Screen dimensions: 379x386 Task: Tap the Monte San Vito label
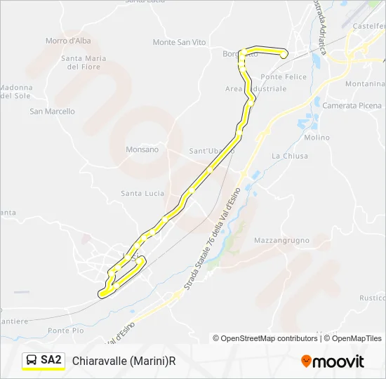179,42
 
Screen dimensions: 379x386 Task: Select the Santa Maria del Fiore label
83,62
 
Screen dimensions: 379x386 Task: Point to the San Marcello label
52,111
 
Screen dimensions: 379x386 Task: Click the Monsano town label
142,149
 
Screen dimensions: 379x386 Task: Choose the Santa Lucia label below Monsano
142,193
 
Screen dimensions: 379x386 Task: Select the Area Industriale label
255,89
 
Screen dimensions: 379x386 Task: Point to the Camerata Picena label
352,105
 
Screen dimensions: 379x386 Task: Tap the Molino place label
317,138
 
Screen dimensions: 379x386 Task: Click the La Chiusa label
289,156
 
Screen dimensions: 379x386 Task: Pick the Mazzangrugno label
281,240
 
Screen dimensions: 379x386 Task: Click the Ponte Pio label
66,330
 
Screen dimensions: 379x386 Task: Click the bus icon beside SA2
32,361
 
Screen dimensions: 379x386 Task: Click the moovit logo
333,361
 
